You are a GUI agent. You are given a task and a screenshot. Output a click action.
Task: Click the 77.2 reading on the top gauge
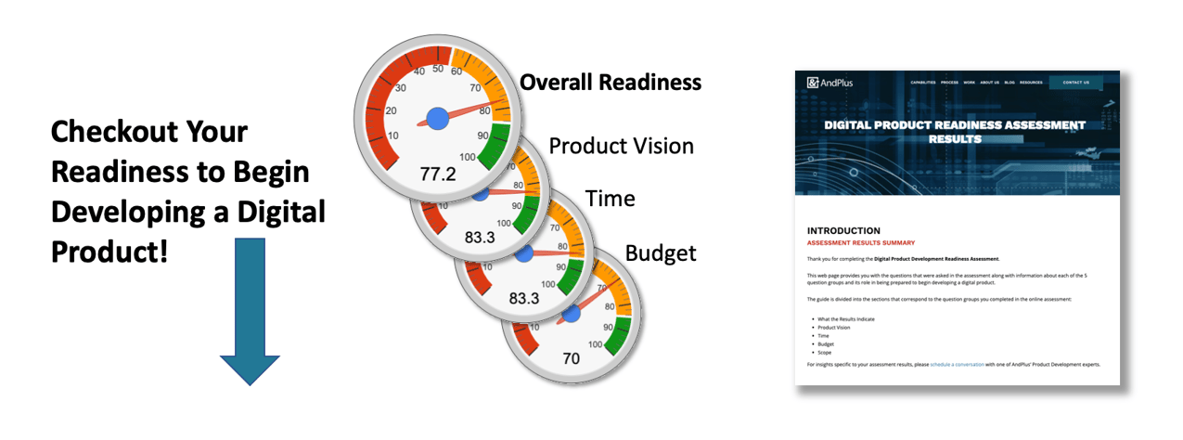[438, 174]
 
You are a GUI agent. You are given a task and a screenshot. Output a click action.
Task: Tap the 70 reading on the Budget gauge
[572, 358]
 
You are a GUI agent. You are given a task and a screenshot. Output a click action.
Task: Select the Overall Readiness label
[610, 83]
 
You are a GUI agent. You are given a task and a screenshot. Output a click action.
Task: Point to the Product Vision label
[621, 146]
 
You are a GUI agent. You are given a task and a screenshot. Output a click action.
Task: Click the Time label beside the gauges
[610, 199]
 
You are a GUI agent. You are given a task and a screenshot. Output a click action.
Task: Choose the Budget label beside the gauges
[660, 252]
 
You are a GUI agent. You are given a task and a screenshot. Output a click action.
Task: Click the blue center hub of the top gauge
[437, 117]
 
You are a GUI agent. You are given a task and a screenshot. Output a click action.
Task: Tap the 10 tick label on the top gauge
[392, 136]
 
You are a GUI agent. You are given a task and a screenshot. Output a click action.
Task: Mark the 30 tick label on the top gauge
[401, 88]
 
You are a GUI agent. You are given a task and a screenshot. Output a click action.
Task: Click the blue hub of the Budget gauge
[572, 314]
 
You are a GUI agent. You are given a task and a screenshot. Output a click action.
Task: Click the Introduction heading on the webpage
[842, 230]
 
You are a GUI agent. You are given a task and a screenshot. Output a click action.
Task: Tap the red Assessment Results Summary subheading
[860, 242]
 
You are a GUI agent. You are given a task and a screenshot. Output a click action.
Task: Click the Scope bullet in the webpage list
[826, 353]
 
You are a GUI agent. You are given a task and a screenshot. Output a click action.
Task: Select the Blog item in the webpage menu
[1009, 83]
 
